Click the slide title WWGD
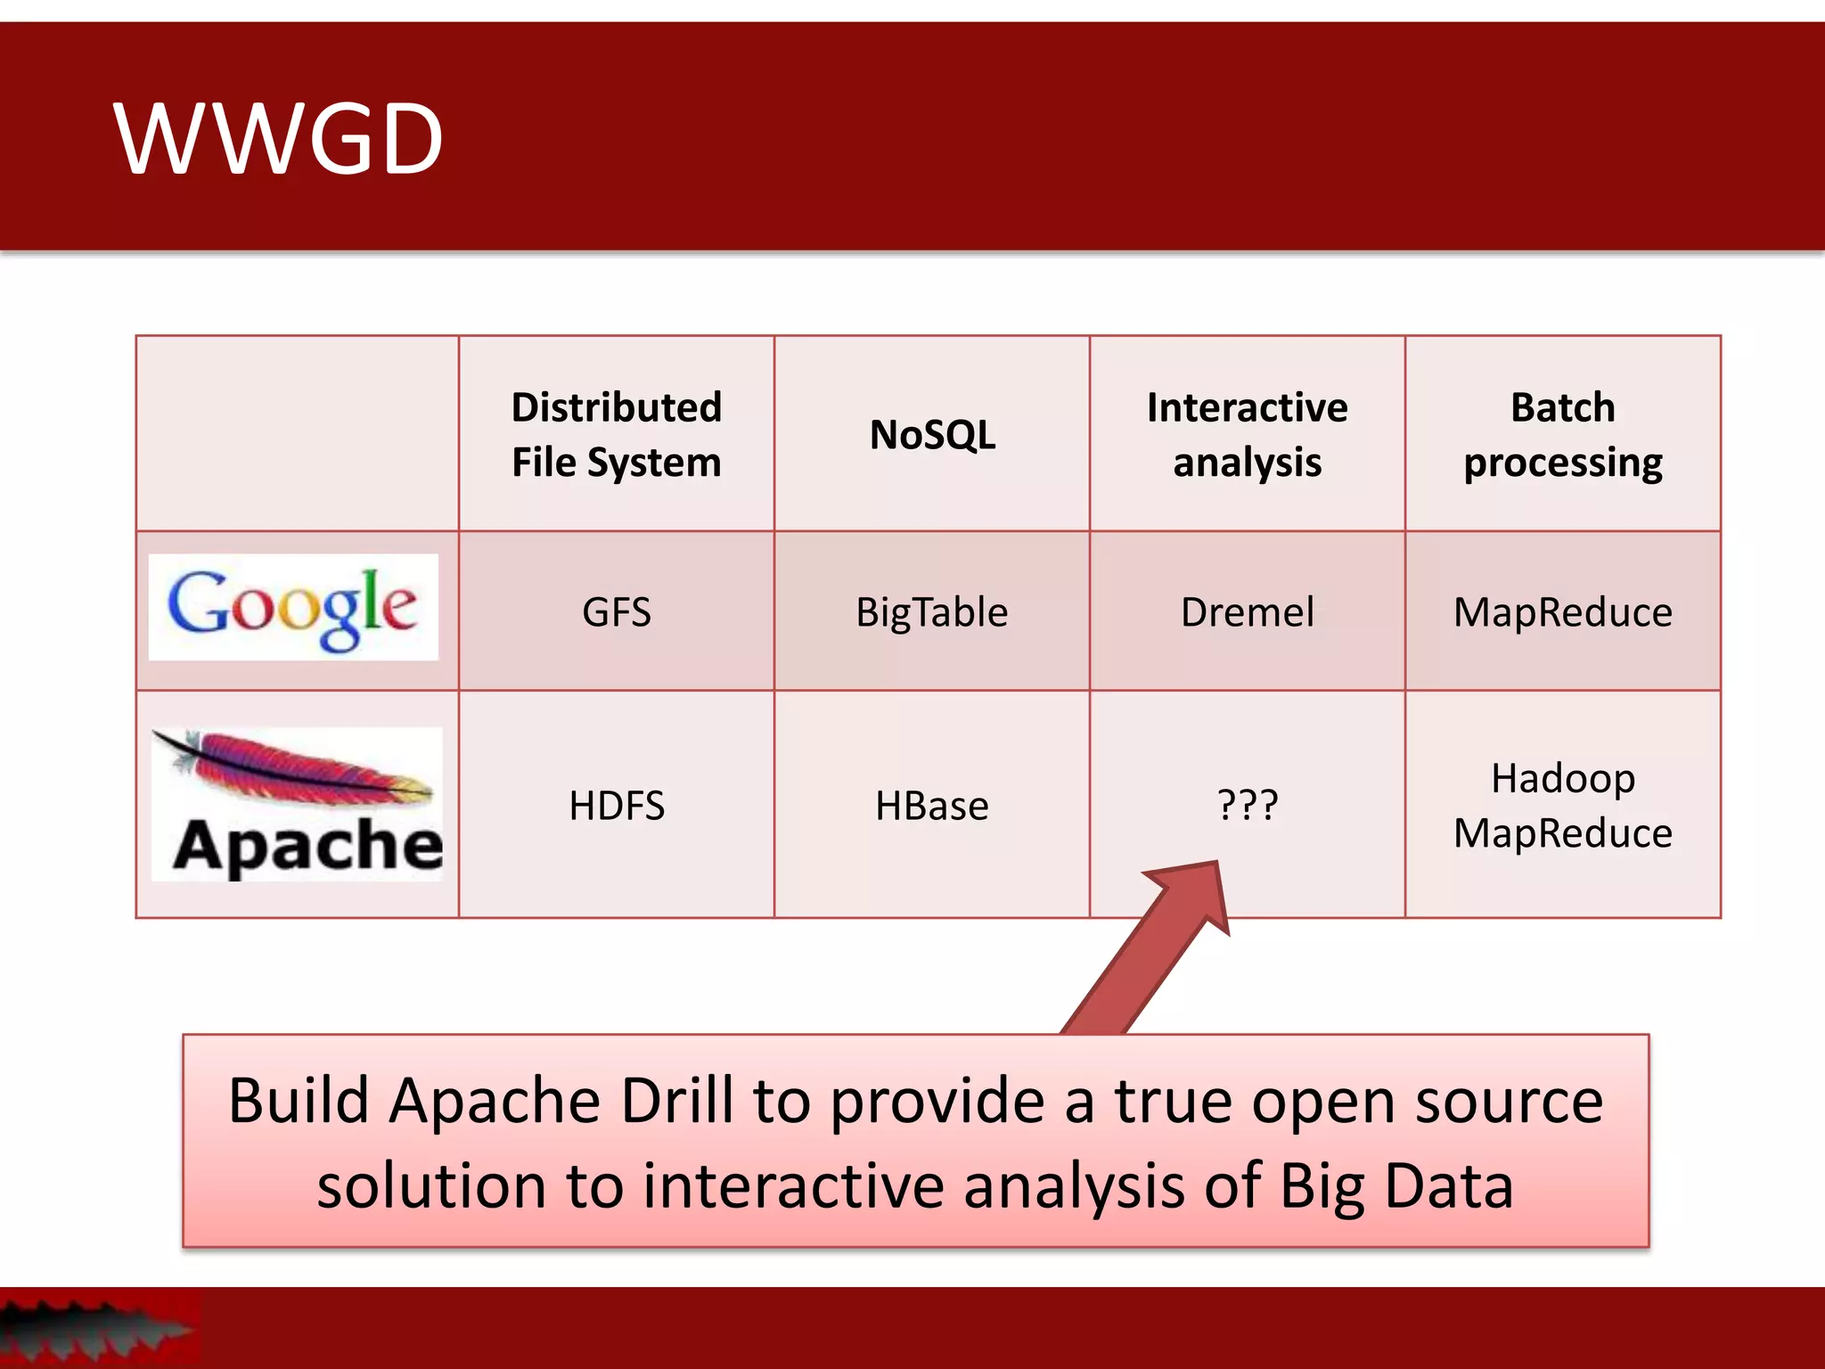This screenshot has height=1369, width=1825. (278, 139)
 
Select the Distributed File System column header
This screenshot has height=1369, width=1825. (616, 435)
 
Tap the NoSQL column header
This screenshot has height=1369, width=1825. (932, 435)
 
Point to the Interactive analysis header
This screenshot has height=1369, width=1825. (1247, 435)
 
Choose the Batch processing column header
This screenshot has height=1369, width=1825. (1562, 435)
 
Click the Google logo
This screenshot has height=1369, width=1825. (293, 607)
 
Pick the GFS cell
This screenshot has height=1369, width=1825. (616, 612)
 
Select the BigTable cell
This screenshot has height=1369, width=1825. (932, 612)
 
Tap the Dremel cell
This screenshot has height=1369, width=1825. (1247, 612)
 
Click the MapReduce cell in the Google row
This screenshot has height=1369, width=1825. (1562, 612)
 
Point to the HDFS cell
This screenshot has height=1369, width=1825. (616, 806)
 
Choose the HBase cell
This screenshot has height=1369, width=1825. (932, 806)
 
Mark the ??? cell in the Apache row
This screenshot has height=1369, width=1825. (1247, 805)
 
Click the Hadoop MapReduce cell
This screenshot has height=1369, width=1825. (1562, 806)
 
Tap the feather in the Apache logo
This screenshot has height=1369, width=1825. (294, 766)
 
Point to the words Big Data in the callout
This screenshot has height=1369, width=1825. (1396, 1187)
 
